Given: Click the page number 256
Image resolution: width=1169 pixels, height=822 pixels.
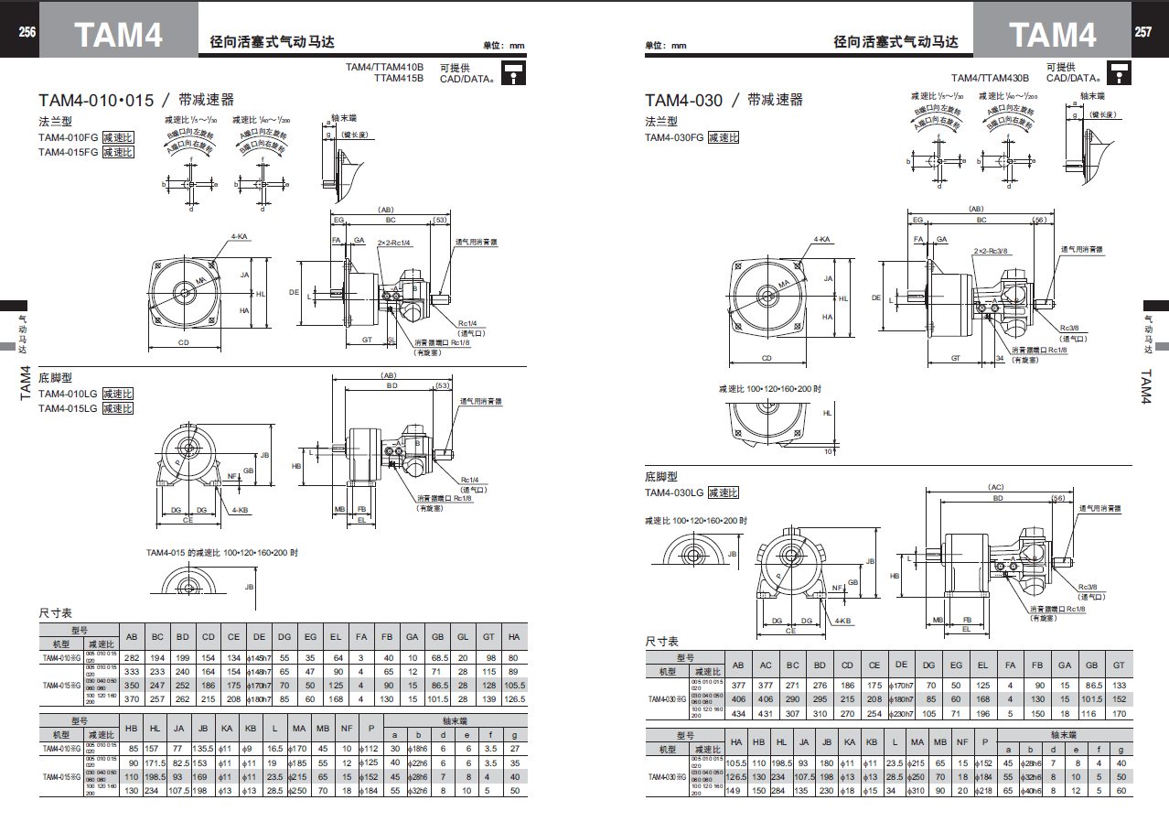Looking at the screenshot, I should tap(27, 32).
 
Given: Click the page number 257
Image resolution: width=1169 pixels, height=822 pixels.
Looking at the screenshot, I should tap(1143, 32).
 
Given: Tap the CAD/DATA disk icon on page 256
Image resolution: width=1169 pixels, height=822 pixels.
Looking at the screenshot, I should tap(514, 73).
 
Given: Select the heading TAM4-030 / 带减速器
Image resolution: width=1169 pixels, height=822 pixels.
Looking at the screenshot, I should tap(724, 100).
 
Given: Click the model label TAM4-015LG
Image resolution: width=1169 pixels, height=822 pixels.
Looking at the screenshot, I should tap(69, 408).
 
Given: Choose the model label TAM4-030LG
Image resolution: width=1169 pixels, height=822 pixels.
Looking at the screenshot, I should tap(674, 492).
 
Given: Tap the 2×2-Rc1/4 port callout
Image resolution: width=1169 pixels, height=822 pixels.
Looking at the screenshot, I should tap(393, 243).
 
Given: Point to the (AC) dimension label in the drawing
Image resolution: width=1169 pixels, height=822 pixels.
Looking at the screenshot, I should tap(996, 487).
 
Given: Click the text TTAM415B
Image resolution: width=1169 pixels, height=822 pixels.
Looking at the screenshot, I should tap(399, 79).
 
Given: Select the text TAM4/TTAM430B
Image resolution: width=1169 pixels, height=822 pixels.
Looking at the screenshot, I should tap(990, 79).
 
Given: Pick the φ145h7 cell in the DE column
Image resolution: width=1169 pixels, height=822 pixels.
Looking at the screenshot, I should tap(260, 658).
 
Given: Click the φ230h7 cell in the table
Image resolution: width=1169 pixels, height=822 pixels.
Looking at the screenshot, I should tap(901, 713).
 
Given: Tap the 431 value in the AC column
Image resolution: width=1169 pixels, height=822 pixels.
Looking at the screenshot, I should tap(766, 713).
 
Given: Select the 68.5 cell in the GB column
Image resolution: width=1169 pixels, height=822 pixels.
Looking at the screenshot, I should tap(438, 658).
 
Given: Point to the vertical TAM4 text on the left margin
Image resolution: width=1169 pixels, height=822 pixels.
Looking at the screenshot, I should tap(26, 382).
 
